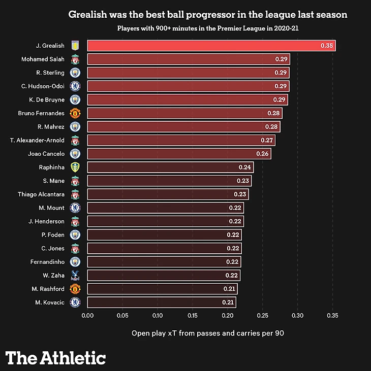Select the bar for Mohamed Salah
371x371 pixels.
[189, 59]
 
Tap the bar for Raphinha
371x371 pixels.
[170, 167]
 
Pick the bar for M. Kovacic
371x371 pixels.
[162, 302]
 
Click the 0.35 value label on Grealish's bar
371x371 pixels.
[327, 46]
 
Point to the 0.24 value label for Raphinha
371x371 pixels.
[245, 167]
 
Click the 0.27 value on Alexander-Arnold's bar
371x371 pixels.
[267, 140]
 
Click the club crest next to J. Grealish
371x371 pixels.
[75, 46]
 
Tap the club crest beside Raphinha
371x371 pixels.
[75, 167]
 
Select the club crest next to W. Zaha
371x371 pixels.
[75, 276]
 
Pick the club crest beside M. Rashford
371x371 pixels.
[75, 289]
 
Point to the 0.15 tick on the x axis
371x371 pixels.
[192, 315]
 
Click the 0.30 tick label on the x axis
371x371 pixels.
[297, 315]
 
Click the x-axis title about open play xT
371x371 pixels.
[208, 333]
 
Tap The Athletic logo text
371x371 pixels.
[56, 357]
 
